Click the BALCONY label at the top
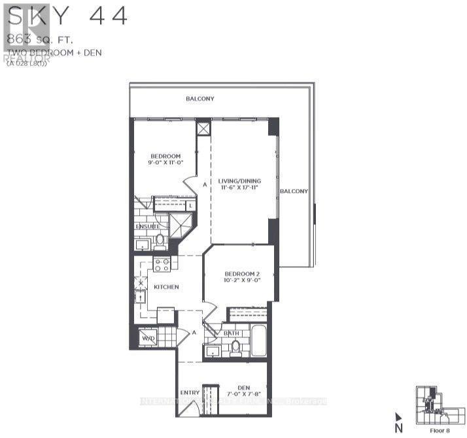(x=199, y=99)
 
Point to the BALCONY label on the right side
(x=294, y=191)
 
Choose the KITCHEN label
(x=166, y=287)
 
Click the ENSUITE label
(x=148, y=226)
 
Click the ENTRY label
(x=190, y=392)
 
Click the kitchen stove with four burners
(x=162, y=264)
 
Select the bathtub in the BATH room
(x=258, y=341)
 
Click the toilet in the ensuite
(x=160, y=241)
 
